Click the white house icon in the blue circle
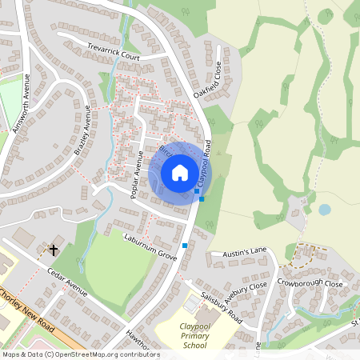tap(180, 173)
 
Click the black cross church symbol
tap(54, 250)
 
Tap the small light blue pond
tap(324, 210)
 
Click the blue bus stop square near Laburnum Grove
tap(185, 246)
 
